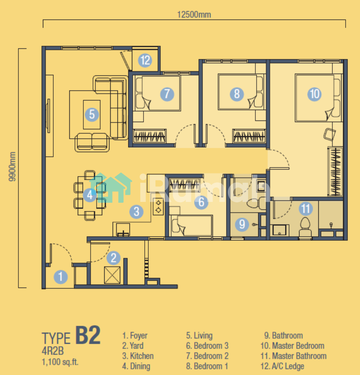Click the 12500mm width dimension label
[x=194, y=14]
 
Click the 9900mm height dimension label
[x=12, y=167]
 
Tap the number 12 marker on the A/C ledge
[x=145, y=60]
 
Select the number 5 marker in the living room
[x=92, y=115]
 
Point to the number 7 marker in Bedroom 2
[x=167, y=94]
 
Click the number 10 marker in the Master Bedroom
[x=315, y=94]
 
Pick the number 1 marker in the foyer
[x=61, y=277]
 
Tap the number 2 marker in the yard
[x=113, y=258]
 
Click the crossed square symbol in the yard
[x=112, y=275]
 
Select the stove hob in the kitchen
[x=158, y=207]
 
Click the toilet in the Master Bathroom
[x=305, y=228]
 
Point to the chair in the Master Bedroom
[x=330, y=135]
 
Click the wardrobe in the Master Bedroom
[x=335, y=171]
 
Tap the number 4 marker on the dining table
[x=90, y=195]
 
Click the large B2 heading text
[x=88, y=335]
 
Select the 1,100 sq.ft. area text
[x=60, y=362]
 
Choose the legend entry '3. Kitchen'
[x=138, y=356]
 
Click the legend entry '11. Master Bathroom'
[x=293, y=356]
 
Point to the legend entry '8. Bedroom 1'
[x=207, y=366]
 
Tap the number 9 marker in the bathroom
[x=242, y=224]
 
